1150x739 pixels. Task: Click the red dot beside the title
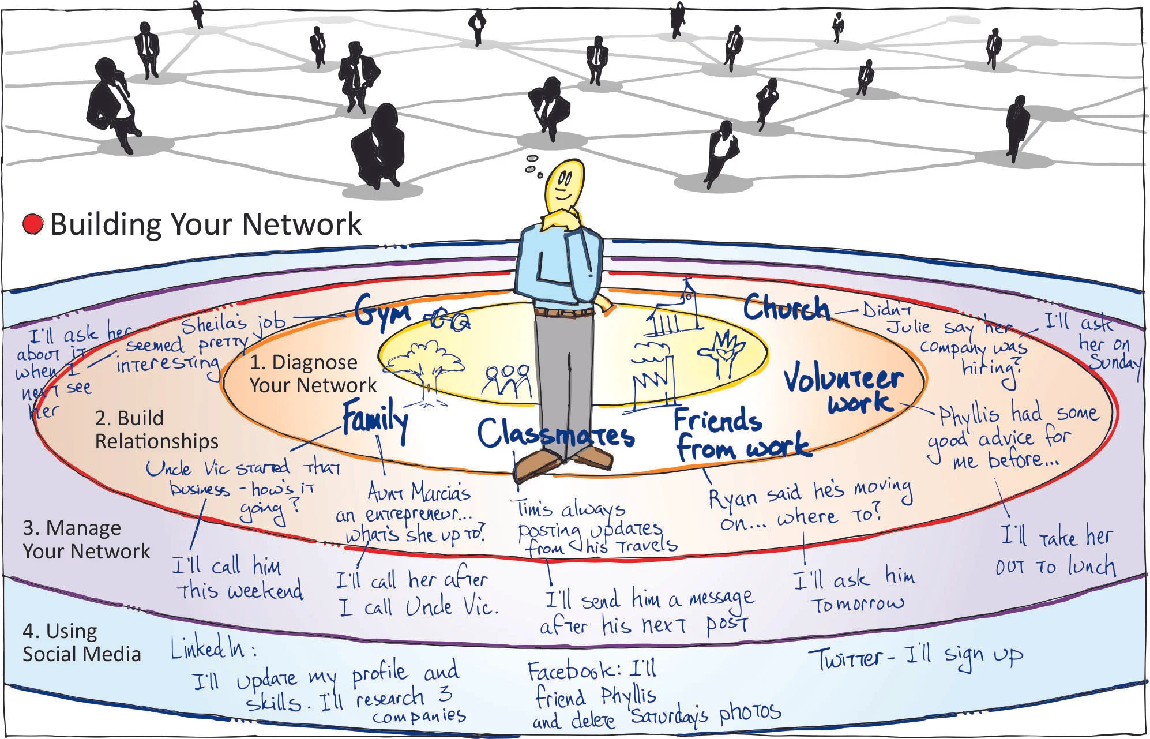pos(33,224)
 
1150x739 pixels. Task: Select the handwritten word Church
pos(786,309)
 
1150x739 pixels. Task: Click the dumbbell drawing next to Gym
pos(448,319)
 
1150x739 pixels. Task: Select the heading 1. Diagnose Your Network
pos(312,373)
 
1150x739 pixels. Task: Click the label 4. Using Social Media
pos(81,643)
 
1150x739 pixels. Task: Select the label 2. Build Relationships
pos(156,429)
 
